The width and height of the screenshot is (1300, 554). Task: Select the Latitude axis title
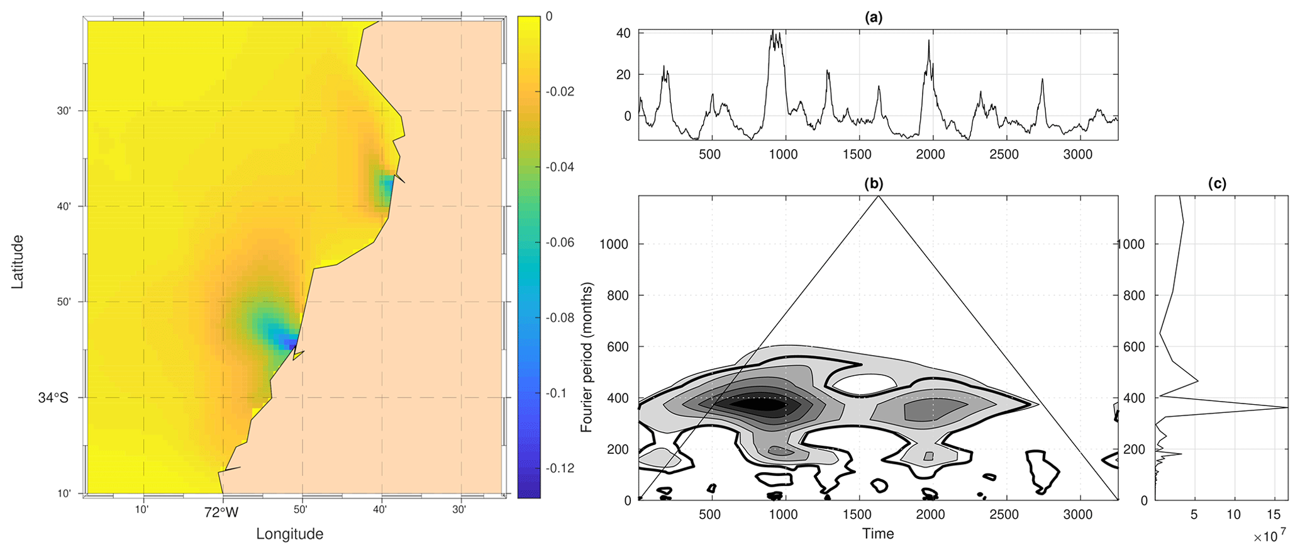[18, 262]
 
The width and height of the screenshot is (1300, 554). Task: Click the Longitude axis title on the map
[289, 534]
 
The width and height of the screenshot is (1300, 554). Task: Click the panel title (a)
[874, 18]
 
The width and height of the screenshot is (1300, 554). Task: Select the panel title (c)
[1217, 184]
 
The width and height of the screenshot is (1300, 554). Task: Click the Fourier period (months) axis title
[587, 358]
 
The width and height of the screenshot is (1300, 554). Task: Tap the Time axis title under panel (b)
[878, 534]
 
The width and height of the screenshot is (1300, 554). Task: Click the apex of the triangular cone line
[879, 196]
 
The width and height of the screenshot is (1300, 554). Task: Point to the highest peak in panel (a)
[774, 31]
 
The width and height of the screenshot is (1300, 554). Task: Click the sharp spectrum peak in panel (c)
[1286, 408]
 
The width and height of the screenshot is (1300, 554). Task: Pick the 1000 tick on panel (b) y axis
[613, 244]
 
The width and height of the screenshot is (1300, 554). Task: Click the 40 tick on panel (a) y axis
[623, 33]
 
